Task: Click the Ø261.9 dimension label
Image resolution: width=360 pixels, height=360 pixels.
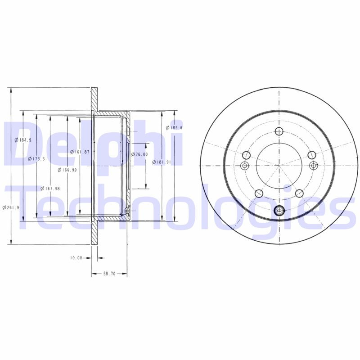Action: point(9,207)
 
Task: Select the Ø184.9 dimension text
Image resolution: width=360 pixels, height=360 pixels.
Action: point(23,140)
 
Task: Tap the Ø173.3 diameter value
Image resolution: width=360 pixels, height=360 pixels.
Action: point(36,159)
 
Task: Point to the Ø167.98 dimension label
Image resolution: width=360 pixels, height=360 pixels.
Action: point(50,189)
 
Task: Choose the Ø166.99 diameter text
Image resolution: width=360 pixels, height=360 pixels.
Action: point(66,170)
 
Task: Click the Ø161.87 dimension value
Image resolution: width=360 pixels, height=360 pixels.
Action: point(80,152)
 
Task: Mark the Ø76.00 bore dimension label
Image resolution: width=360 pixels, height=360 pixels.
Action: point(139,154)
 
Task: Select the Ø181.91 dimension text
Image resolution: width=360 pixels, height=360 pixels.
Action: point(161,162)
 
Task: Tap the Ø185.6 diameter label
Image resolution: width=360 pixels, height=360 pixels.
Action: point(174,128)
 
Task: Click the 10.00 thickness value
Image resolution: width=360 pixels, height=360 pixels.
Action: point(76,258)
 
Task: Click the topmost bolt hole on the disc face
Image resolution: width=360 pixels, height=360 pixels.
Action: point(279,131)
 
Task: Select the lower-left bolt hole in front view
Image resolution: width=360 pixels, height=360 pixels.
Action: point(259,193)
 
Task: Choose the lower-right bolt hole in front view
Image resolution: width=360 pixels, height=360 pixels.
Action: point(299,193)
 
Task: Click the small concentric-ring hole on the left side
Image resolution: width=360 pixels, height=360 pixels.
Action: point(245,166)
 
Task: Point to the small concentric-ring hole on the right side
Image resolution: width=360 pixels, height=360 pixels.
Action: point(314,166)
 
